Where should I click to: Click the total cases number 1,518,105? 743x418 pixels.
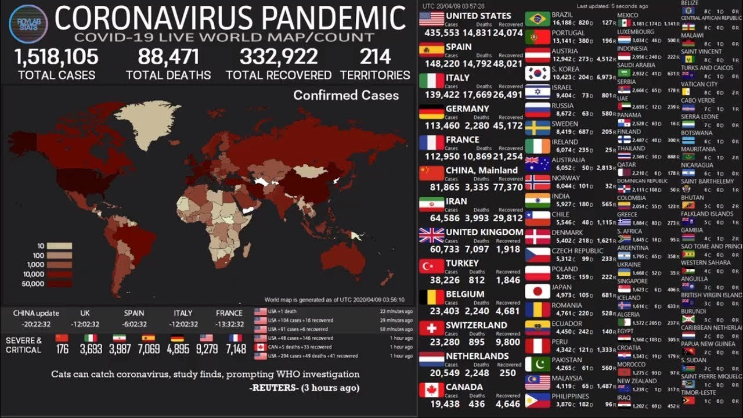[56, 57]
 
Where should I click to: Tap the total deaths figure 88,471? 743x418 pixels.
[168, 57]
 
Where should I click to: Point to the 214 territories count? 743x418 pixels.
[375, 57]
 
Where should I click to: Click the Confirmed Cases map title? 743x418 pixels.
[346, 95]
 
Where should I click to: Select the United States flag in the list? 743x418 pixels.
[431, 19]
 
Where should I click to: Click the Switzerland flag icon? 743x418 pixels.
[431, 329]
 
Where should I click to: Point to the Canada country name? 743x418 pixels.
[464, 387]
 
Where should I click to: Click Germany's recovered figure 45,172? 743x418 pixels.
[509, 125]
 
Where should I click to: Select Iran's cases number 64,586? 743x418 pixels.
[441, 218]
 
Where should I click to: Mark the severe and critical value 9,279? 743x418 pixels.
[206, 349]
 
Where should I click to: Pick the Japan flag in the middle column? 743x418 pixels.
[538, 291]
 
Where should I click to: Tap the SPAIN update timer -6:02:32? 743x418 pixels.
[134, 325]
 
